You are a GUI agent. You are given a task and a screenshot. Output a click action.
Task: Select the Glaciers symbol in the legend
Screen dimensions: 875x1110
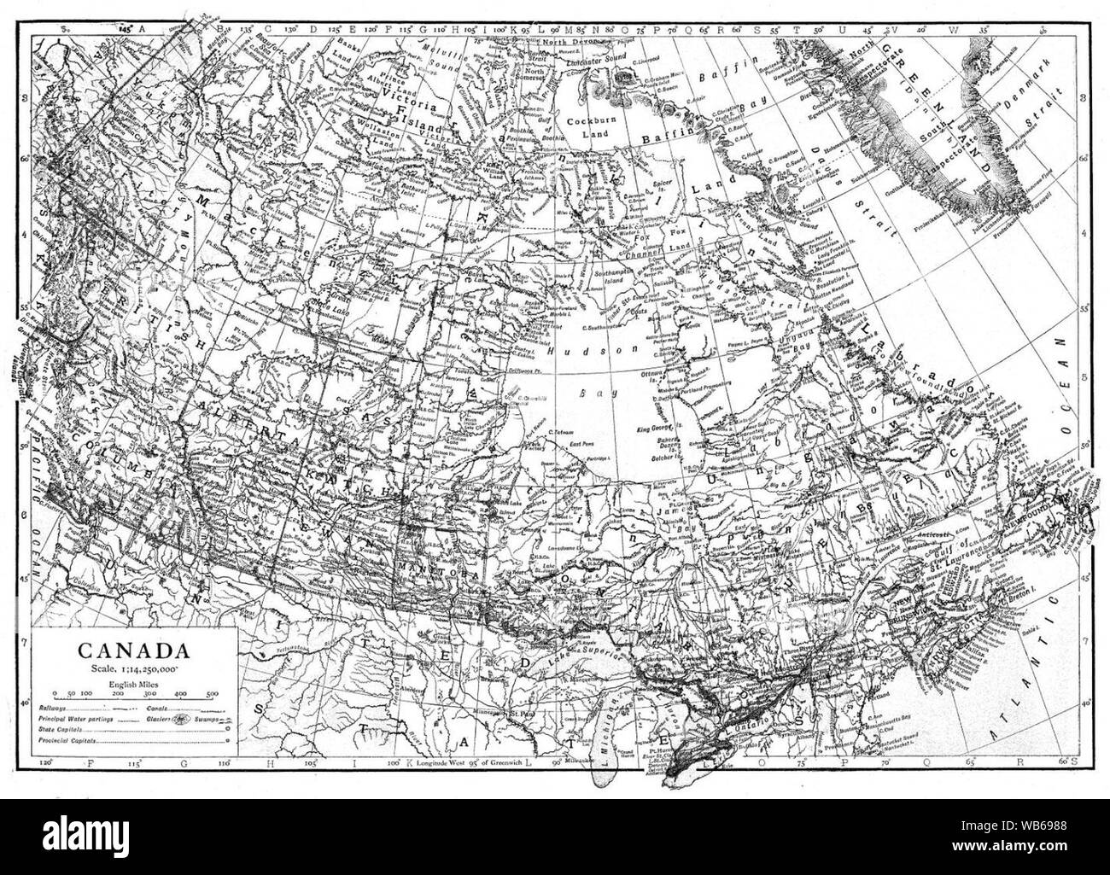[x=181, y=720]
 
